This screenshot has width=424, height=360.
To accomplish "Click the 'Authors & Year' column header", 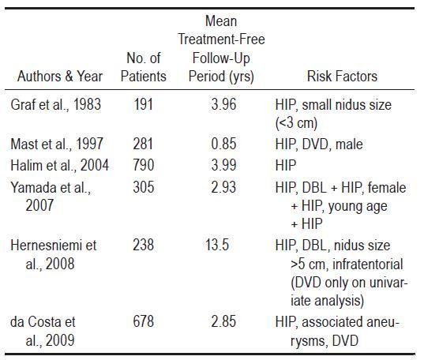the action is tap(60, 77).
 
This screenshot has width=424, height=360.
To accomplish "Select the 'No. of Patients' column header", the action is tap(144, 67).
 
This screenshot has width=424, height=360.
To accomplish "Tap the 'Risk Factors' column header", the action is tap(342, 77).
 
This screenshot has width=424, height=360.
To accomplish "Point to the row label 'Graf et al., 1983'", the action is tap(56, 104).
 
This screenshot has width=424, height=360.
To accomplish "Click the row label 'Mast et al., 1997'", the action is tap(57, 144).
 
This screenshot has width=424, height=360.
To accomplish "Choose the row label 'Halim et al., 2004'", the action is tap(59, 165).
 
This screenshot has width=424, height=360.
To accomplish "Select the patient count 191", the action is tap(144, 104).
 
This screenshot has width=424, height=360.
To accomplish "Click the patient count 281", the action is tap(143, 144).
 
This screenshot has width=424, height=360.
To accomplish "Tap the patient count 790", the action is tap(144, 165).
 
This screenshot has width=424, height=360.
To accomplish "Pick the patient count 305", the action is tap(144, 187).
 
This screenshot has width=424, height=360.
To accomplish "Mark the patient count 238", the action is tap(144, 245).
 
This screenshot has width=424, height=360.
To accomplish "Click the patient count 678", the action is tap(144, 321).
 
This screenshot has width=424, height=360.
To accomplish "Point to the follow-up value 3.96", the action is tap(223, 104).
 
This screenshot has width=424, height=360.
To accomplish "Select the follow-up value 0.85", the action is tap(223, 144).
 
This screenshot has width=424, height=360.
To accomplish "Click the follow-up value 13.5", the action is tap(217, 245).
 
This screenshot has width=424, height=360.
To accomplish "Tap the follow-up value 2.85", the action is tap(223, 321).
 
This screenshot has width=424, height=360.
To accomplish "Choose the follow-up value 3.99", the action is tap(223, 165).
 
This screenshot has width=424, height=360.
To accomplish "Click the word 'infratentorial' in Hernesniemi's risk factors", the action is tap(368, 264).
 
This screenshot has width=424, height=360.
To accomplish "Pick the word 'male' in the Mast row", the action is tap(349, 144).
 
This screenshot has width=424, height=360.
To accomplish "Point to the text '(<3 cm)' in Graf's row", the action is tap(296, 123).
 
